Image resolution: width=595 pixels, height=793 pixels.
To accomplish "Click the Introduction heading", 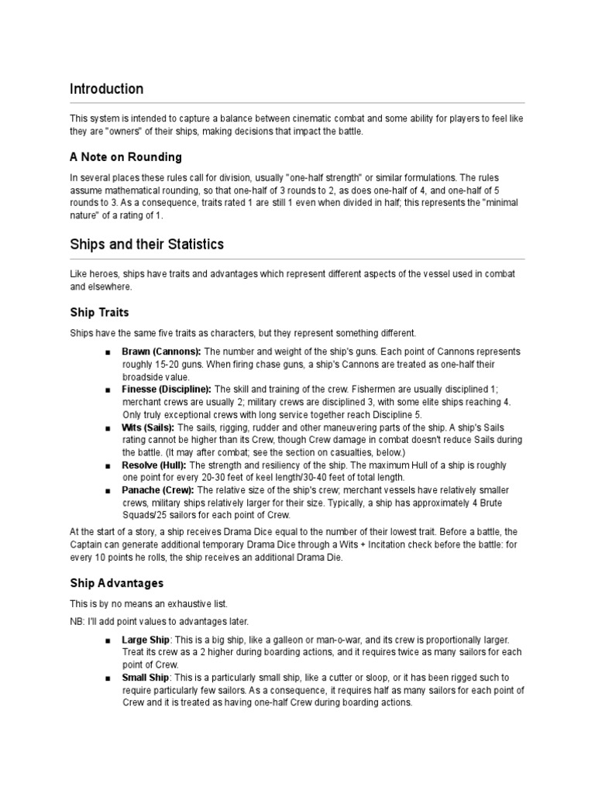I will point(106,89).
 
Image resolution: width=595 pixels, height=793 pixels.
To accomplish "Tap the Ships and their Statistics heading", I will point(146,245).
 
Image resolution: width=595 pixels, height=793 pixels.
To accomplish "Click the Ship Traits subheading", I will point(99,312).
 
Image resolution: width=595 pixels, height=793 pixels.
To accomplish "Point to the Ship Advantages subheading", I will point(116,582).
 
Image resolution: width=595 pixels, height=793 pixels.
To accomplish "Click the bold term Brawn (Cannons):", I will point(161,352).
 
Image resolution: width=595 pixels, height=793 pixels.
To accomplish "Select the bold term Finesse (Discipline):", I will point(167,389).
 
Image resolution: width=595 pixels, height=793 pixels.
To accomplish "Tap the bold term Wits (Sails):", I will point(149,427).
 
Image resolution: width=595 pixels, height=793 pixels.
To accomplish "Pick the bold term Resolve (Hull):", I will point(154,465).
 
